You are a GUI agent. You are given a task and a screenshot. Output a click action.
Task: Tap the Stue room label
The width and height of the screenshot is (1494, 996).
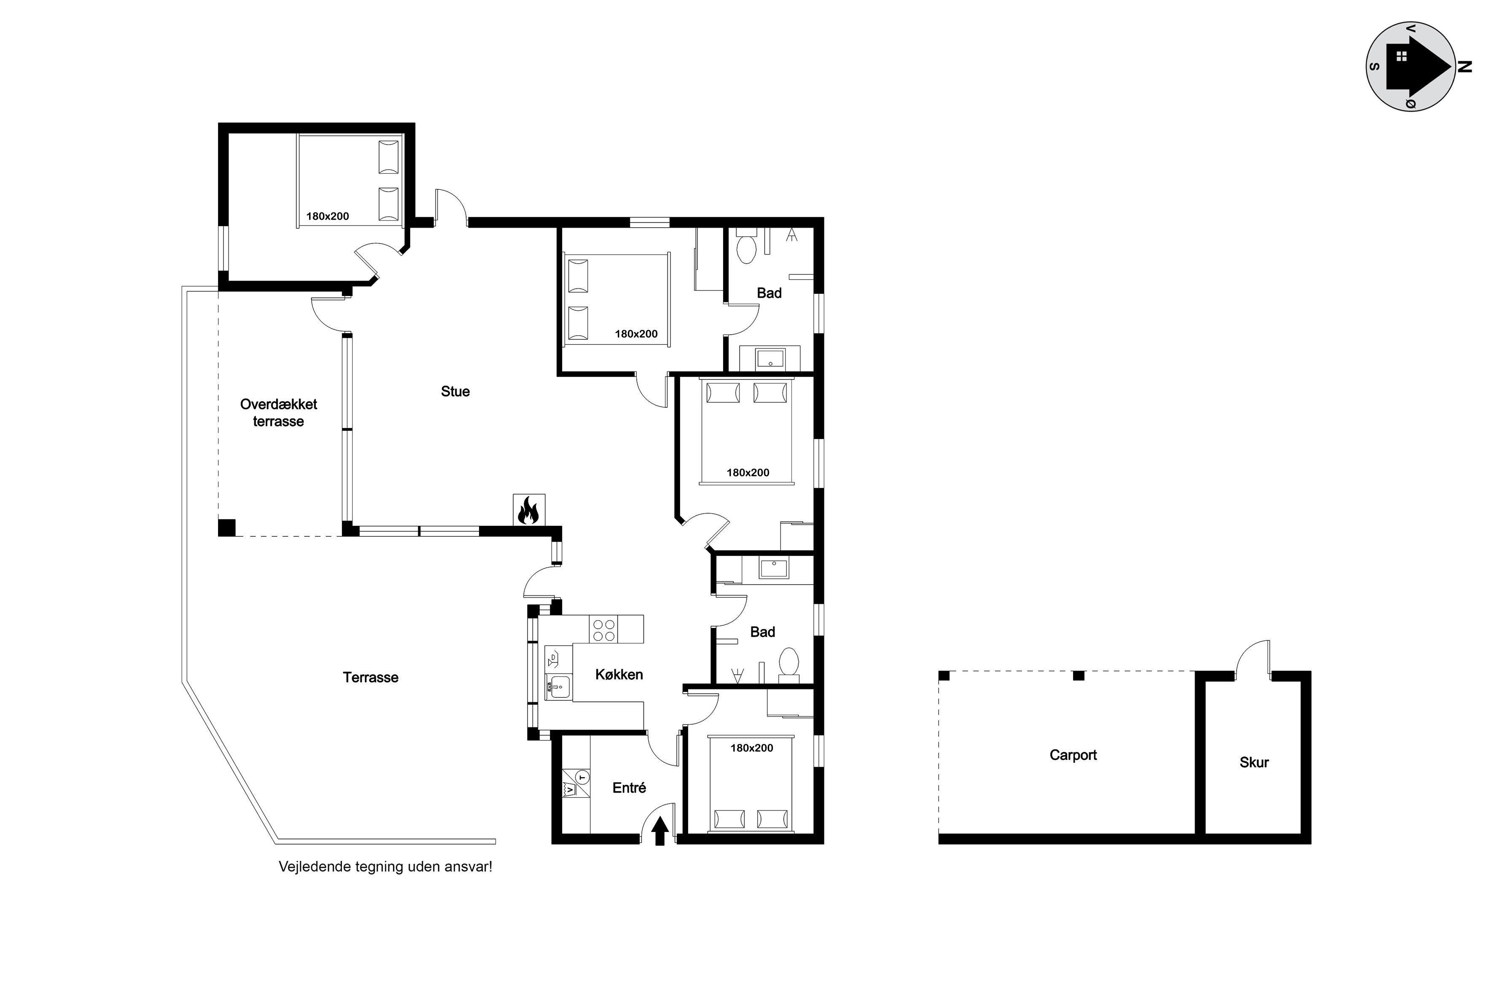pyautogui.click(x=455, y=391)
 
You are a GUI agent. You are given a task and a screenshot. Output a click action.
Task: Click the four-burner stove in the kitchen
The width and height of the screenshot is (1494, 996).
pyautogui.click(x=604, y=629)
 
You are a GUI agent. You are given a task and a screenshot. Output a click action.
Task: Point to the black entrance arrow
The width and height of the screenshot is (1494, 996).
pyautogui.click(x=660, y=830)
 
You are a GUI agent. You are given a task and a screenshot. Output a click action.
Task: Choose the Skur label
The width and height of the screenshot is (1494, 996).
pyautogui.click(x=1254, y=762)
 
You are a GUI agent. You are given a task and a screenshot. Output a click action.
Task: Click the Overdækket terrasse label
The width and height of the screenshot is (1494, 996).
pyautogui.click(x=278, y=413)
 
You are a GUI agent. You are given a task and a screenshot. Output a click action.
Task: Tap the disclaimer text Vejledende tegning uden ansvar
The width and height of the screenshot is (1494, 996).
pyautogui.click(x=385, y=867)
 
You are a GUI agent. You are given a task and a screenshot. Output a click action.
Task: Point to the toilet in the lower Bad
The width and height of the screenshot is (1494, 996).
pyautogui.click(x=789, y=664)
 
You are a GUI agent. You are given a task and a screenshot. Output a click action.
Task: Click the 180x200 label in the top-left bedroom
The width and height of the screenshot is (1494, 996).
pyautogui.click(x=327, y=216)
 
